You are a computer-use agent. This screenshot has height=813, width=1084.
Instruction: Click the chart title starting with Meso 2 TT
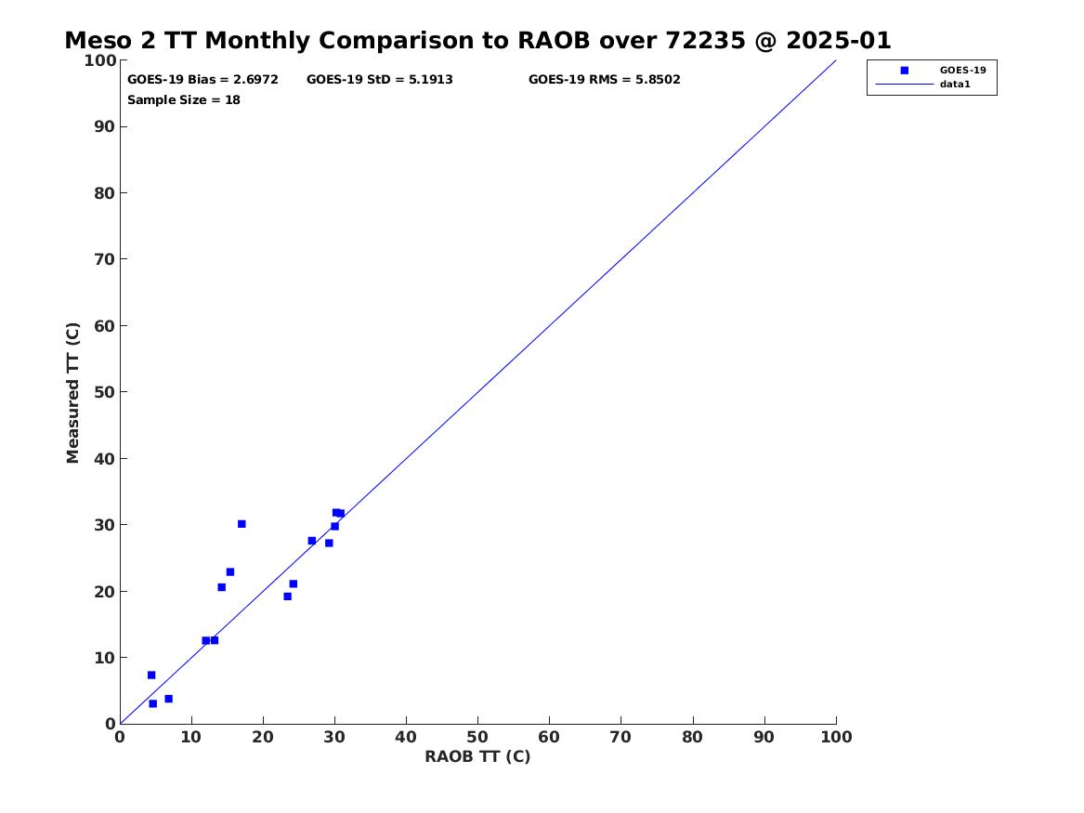pyautogui.click(x=477, y=41)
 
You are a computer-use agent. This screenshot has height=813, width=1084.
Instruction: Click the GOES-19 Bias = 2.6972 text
pyautogui.click(x=202, y=80)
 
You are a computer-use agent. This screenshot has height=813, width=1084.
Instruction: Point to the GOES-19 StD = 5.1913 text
pyautogui.click(x=380, y=80)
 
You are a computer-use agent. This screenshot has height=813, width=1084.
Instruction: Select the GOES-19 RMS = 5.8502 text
pyautogui.click(x=604, y=80)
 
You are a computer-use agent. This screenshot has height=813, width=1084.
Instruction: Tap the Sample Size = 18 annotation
pyautogui.click(x=184, y=99)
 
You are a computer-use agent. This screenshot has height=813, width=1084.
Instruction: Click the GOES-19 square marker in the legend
pyautogui.click(x=904, y=71)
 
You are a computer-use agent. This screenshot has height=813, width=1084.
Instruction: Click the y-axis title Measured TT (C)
pyautogui.click(x=73, y=392)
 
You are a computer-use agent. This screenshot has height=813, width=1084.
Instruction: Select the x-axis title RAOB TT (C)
pyautogui.click(x=477, y=756)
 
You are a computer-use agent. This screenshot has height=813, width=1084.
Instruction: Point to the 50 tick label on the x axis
pyautogui.click(x=477, y=737)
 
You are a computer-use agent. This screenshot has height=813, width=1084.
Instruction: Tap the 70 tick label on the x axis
pyautogui.click(x=621, y=737)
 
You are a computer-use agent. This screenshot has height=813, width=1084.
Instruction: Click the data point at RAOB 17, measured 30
pyautogui.click(x=242, y=524)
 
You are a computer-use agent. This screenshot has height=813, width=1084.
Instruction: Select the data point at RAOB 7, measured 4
pyautogui.click(x=168, y=699)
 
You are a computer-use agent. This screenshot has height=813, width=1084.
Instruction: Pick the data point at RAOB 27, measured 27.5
pyautogui.click(x=312, y=541)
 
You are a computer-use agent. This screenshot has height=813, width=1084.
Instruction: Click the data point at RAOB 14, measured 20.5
pyautogui.click(x=221, y=587)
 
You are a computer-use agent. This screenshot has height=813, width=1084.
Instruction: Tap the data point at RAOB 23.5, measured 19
pyautogui.click(x=287, y=597)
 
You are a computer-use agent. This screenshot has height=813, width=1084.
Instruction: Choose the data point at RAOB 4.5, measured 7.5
pyautogui.click(x=151, y=675)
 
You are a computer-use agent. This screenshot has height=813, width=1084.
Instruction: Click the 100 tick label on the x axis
pyautogui.click(x=836, y=737)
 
